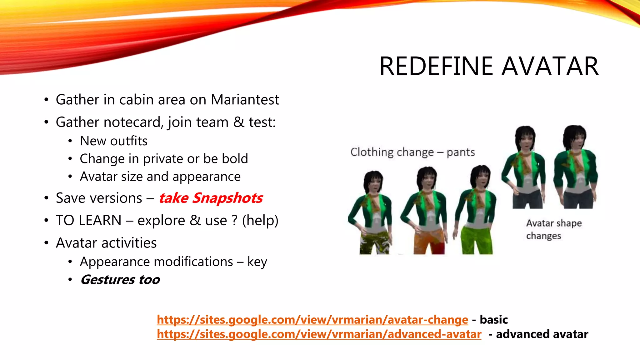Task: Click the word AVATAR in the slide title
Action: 550,66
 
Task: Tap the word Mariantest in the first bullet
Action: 245,100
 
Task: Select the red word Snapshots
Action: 227,198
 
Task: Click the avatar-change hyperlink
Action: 312,319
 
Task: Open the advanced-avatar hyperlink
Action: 319,334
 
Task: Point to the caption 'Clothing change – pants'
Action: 412,152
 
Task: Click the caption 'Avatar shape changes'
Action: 553,229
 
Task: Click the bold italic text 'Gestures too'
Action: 120,280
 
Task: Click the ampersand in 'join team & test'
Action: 239,122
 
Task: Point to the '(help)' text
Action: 260,221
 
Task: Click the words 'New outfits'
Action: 113,141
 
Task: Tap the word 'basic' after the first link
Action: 494,319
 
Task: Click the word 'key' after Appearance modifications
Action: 257,262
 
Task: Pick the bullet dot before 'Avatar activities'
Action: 47,243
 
